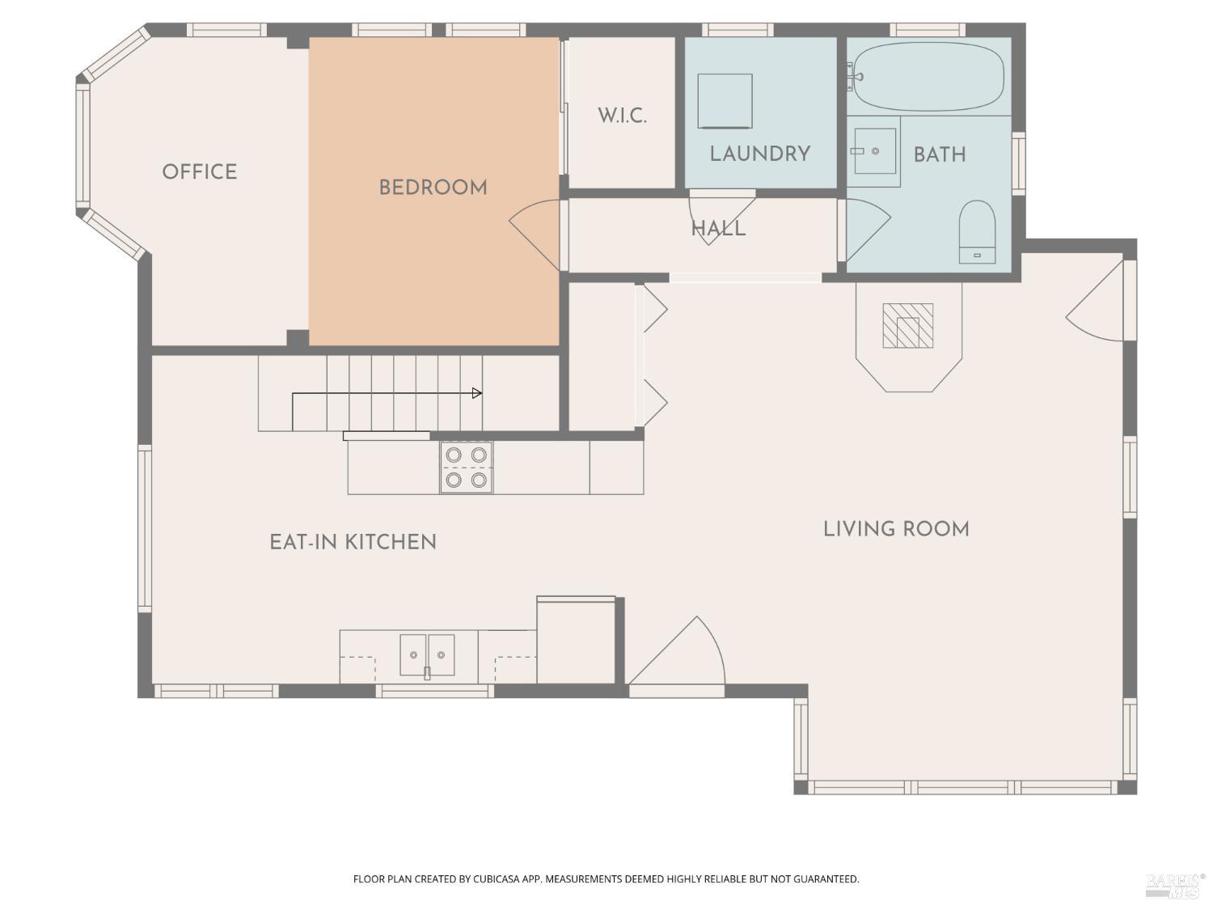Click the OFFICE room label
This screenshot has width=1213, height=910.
pos(199,171)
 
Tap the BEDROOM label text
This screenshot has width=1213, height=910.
pos(433,188)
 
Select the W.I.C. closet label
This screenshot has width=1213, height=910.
pos(622,116)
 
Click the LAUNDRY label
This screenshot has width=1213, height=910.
pos(759,154)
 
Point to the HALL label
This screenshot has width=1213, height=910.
pos(718,229)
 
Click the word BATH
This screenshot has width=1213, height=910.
pos(939,154)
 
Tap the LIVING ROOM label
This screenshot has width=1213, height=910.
pos(896,529)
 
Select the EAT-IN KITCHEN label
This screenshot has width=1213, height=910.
pos(353,542)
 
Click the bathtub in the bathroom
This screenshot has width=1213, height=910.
pos(929,77)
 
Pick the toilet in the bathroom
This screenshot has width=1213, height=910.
pos(977,231)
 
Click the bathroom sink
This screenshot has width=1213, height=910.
pos(873,151)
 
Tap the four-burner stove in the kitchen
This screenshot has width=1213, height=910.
pos(467,468)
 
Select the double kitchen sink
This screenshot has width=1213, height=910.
pos(427,654)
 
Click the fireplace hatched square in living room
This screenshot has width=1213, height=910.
pos(907,326)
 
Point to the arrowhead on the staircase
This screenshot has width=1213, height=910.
pos(477,393)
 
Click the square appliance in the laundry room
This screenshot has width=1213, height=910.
pos(725,101)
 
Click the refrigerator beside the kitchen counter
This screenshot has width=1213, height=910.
pos(576,641)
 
